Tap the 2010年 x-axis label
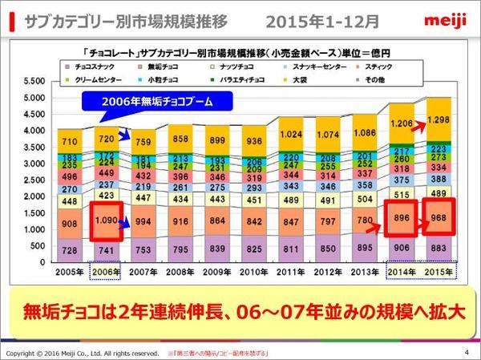point(253,271)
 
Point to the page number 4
point(466,353)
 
